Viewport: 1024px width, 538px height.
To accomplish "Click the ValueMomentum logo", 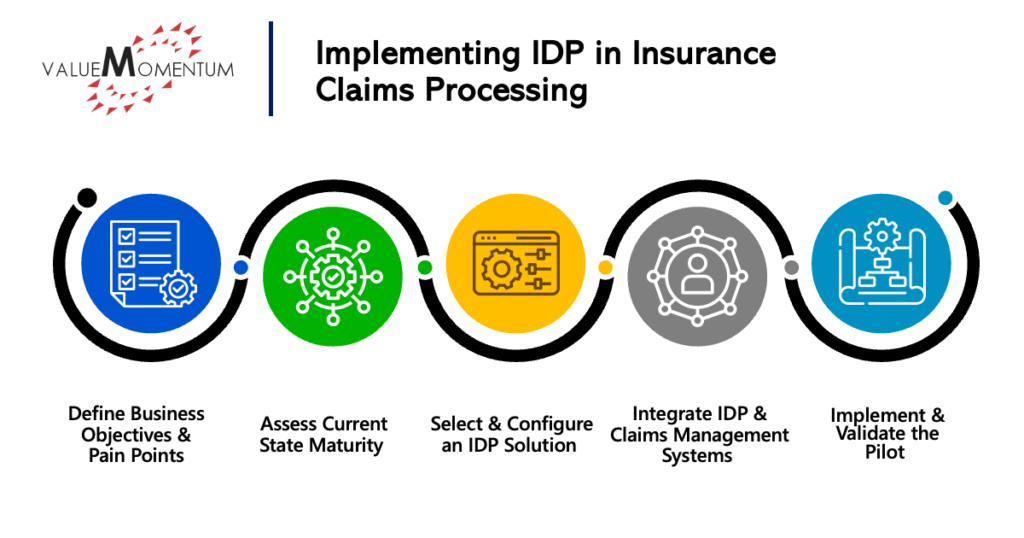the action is [137, 68].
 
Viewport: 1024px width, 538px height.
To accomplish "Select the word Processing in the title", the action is [506, 90].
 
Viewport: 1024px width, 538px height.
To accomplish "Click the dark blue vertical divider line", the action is [270, 69].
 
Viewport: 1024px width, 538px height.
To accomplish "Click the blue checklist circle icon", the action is [151, 263].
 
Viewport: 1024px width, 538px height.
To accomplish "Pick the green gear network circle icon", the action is [333, 276].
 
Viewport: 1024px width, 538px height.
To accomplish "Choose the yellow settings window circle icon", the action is [515, 263].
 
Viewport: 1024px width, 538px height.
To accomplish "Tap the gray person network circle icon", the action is [697, 276].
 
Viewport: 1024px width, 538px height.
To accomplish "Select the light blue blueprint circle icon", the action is [881, 263].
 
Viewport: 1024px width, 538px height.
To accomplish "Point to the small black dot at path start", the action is [87, 197].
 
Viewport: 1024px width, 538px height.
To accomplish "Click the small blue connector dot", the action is [241, 267].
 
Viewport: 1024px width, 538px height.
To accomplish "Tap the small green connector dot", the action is [424, 267].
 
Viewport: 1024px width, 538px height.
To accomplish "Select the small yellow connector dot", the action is [606, 267].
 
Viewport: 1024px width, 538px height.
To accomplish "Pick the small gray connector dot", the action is [791, 267].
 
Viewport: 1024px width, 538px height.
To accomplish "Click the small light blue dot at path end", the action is [945, 197].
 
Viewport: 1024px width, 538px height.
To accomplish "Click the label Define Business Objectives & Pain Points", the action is [136, 434].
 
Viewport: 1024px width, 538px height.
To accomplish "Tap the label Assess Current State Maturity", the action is [323, 434].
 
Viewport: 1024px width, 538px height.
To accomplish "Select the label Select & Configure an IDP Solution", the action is [511, 434].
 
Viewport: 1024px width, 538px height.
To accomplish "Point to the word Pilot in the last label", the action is [885, 452].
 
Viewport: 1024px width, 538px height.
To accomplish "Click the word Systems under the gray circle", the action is [697, 456].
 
